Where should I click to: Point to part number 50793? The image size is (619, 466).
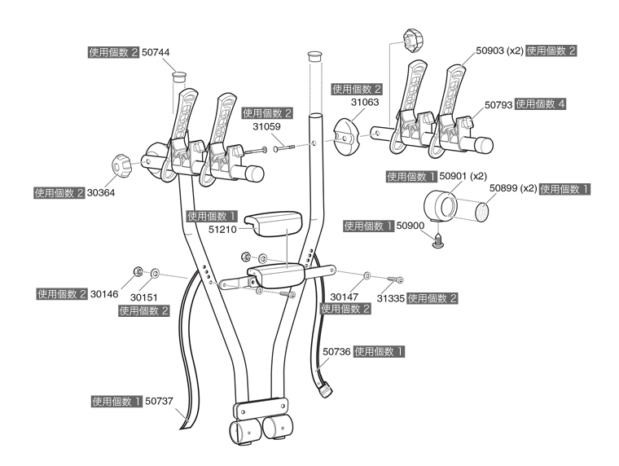click(498, 105)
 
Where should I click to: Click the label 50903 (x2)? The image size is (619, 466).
click(499, 51)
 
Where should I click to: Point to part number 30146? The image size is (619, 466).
click(103, 294)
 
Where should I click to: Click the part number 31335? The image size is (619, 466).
click(389, 298)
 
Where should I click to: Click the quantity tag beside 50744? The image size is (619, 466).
click(113, 51)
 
